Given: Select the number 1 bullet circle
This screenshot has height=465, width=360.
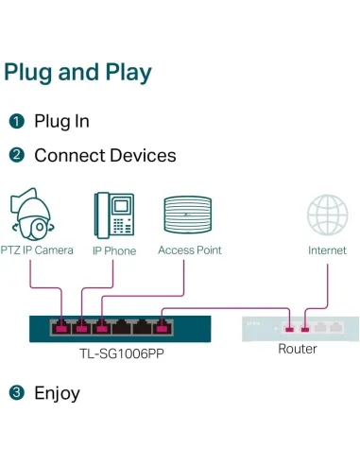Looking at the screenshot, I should [x=16, y=121].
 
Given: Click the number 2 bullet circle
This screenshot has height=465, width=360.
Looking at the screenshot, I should [x=16, y=155].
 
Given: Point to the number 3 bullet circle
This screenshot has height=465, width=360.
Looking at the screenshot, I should [x=16, y=393].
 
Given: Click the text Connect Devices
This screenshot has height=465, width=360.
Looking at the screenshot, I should [x=105, y=155].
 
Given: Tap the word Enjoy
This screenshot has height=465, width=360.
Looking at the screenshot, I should [x=57, y=393].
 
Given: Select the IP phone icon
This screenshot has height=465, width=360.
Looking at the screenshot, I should [x=112, y=216].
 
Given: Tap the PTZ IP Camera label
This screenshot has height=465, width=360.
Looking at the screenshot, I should [x=39, y=250].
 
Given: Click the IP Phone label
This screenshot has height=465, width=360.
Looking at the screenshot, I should [x=113, y=250].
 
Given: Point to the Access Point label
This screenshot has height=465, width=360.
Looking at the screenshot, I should [x=189, y=250].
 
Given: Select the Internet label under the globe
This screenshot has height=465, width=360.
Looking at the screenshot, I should [x=327, y=250].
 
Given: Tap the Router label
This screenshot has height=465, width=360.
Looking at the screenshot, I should [x=298, y=349].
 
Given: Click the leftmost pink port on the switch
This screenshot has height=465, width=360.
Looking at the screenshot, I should [x=61, y=328].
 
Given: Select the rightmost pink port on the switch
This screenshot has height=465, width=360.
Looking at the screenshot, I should [x=163, y=328].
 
